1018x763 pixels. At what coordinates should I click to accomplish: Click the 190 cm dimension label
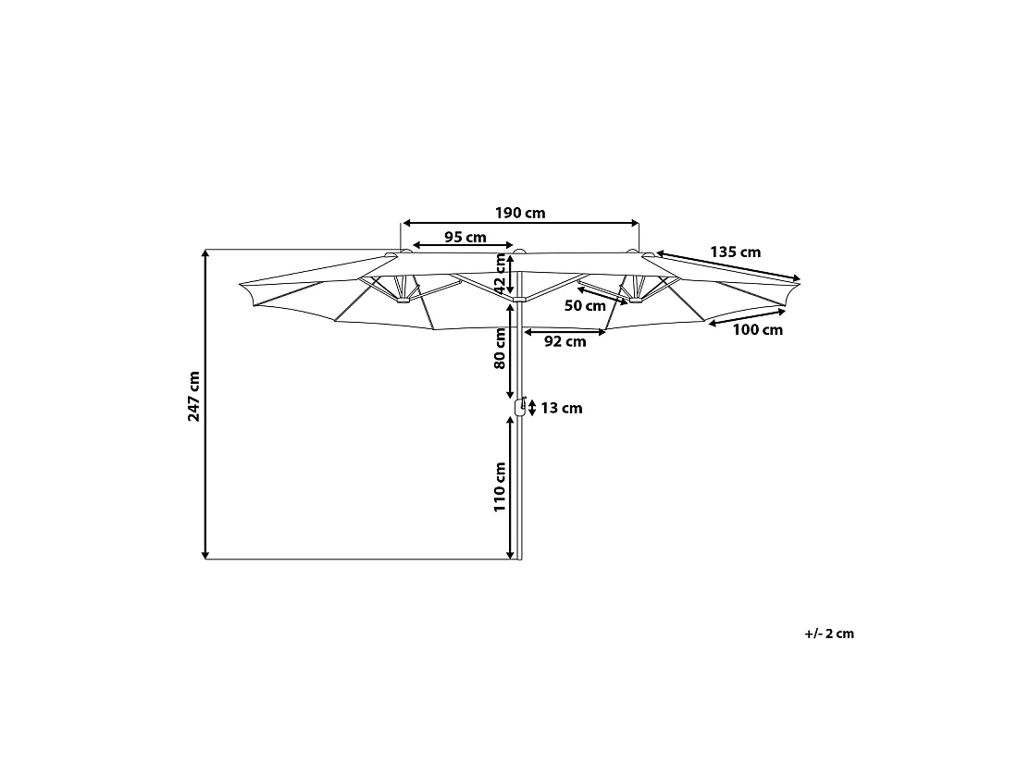(520, 213)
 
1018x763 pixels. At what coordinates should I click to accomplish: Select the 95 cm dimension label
(465, 237)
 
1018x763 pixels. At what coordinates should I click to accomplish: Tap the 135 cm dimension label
(735, 252)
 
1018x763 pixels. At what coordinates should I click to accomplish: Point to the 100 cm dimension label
(758, 329)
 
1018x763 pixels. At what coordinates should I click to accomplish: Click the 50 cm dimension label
(585, 305)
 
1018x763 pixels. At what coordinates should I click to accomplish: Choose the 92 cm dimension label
(565, 341)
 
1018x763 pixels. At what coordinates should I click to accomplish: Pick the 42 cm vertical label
(499, 273)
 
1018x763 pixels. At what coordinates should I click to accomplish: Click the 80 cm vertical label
(499, 348)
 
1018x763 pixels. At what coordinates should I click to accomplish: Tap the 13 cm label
(562, 408)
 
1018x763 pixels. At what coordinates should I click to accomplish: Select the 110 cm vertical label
(499, 487)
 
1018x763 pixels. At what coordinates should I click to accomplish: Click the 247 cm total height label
(193, 397)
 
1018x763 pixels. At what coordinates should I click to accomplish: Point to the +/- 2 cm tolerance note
(829, 634)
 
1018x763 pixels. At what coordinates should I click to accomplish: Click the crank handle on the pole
(520, 407)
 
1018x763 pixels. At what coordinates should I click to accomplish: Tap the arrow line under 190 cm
(521, 223)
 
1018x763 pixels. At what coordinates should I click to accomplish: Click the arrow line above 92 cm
(565, 332)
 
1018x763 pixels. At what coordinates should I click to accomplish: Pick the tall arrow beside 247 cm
(205, 404)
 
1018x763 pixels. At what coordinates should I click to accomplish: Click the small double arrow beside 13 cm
(532, 408)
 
